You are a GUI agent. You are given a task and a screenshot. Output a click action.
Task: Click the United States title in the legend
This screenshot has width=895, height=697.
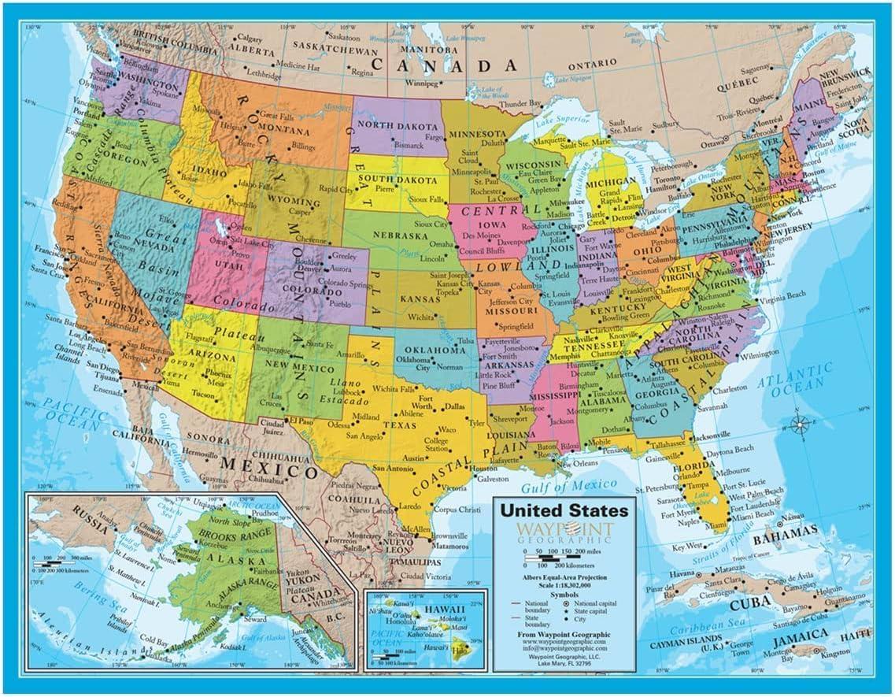pos(565,510)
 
